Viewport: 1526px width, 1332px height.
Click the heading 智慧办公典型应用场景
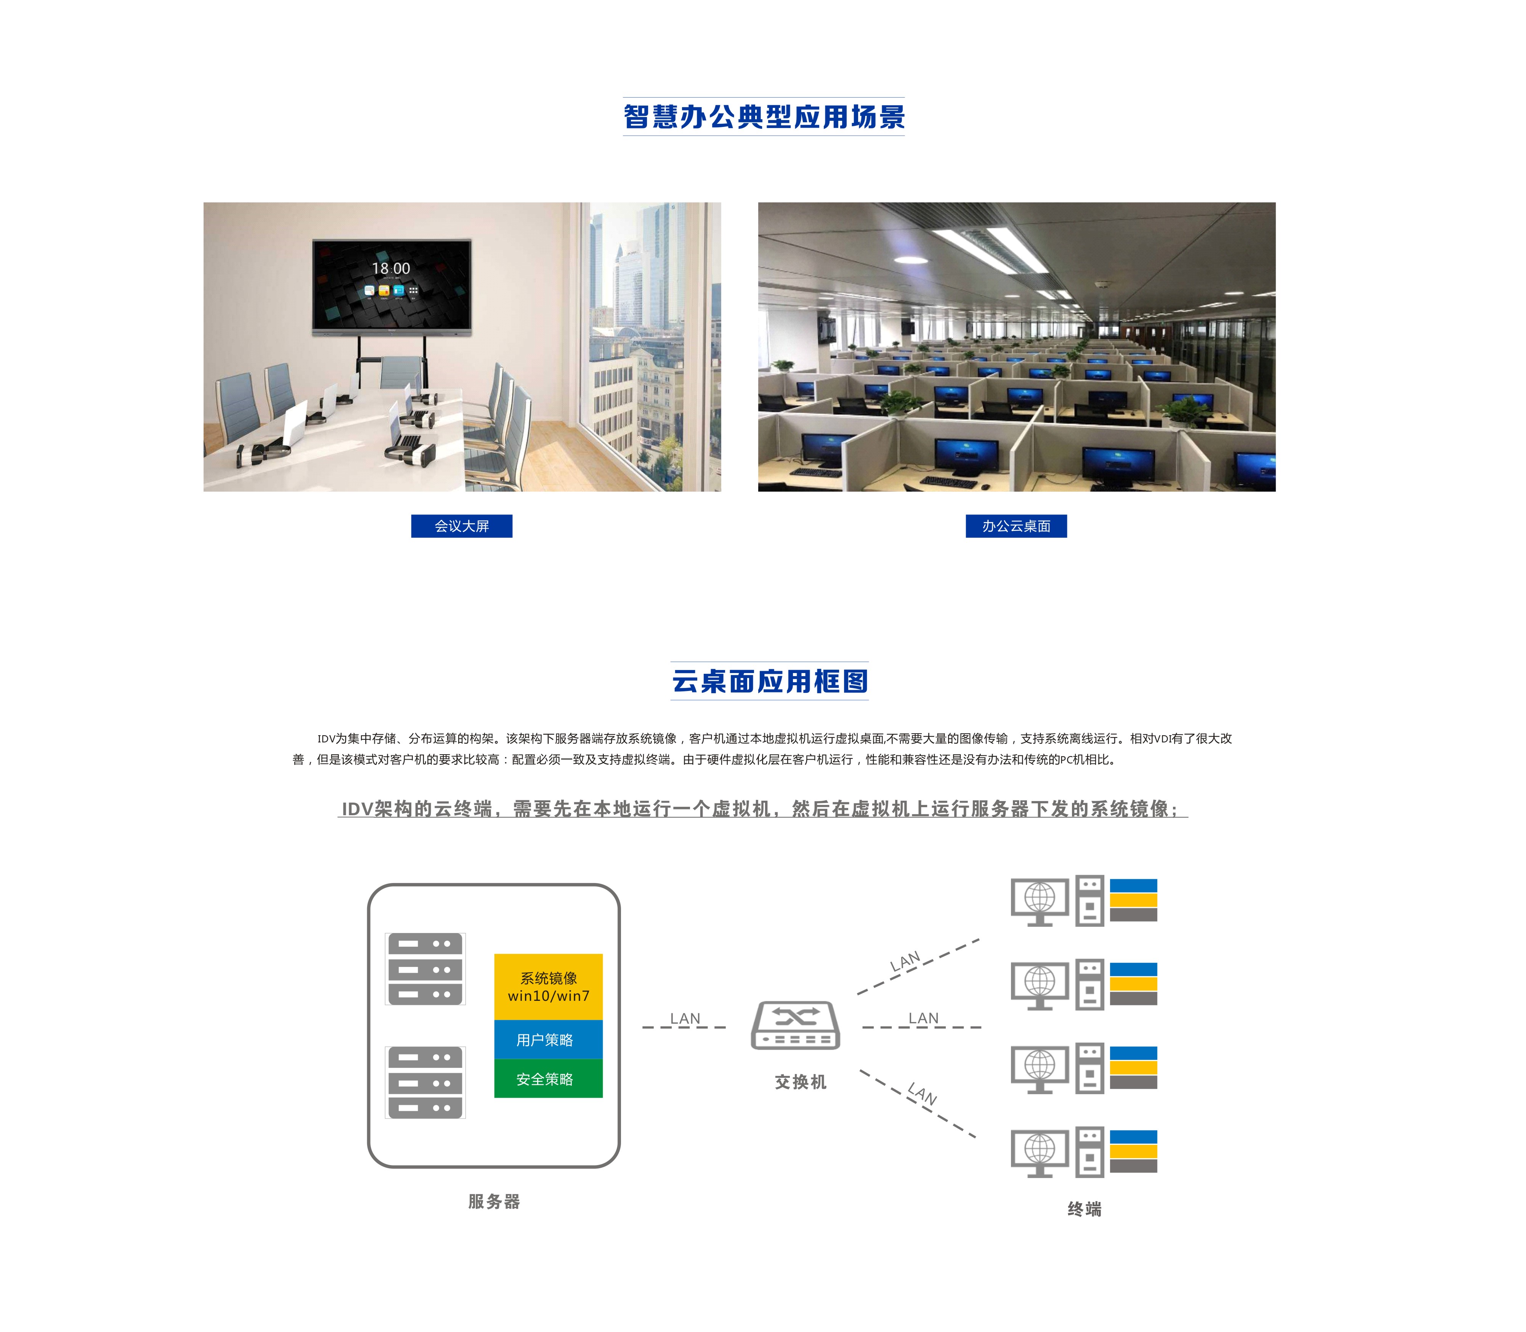[x=763, y=117]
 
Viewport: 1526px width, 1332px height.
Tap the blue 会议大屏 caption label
[x=462, y=526]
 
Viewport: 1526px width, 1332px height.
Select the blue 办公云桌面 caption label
[x=1016, y=526]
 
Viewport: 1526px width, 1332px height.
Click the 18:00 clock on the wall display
[x=391, y=268]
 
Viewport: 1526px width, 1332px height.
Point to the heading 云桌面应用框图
[x=769, y=681]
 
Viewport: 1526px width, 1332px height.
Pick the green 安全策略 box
[x=549, y=1079]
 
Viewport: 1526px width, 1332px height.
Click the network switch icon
[x=795, y=1025]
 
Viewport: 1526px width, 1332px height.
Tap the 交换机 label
[x=801, y=1082]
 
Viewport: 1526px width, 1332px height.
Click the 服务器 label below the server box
[x=494, y=1202]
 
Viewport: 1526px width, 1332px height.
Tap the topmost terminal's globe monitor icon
[x=1040, y=902]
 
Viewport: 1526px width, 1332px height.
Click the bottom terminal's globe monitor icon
[x=1040, y=1153]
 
